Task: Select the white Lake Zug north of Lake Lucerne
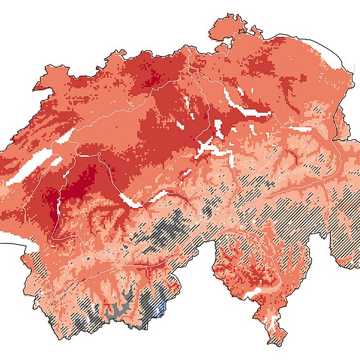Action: [x=219, y=128]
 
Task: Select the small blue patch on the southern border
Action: [x=160, y=309]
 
